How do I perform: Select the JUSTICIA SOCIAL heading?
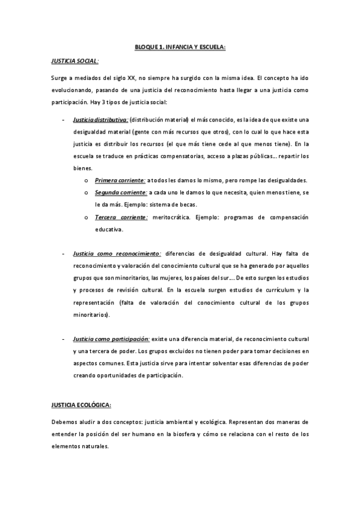75,61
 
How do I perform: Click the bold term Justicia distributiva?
100,119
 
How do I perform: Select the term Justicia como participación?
111,339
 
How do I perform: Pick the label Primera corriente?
120,180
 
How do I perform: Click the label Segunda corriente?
121,192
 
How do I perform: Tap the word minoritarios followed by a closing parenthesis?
91,315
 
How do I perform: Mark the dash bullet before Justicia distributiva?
64,119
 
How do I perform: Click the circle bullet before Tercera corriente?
87,217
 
